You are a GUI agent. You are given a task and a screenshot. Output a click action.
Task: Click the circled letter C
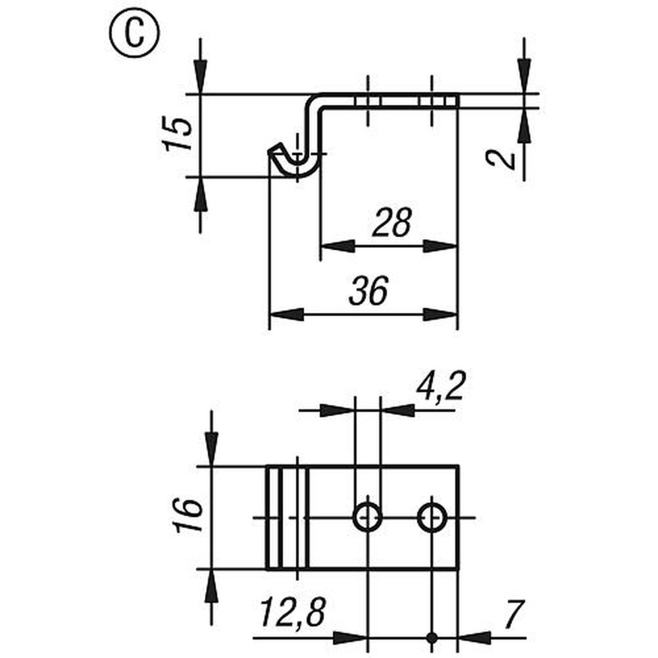click(x=134, y=33)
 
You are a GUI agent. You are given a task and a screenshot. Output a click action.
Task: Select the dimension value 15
click(x=178, y=134)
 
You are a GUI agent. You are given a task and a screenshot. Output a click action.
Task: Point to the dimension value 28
click(x=392, y=222)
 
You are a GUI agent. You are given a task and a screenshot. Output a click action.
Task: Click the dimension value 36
click(x=368, y=290)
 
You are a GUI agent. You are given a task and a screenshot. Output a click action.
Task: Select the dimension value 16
click(x=189, y=515)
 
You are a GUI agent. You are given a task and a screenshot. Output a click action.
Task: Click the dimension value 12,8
click(x=293, y=613)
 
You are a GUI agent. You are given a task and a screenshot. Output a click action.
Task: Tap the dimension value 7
click(x=513, y=615)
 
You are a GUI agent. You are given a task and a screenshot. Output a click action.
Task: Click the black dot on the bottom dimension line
click(x=432, y=638)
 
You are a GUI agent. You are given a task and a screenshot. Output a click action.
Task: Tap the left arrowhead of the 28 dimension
click(x=337, y=246)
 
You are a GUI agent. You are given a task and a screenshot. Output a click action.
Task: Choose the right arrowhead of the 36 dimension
click(x=440, y=315)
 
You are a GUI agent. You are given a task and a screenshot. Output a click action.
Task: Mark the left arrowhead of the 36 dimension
click(x=286, y=315)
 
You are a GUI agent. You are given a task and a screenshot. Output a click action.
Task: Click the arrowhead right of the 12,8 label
click(x=350, y=638)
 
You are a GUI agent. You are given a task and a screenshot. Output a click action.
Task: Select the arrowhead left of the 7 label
click(x=474, y=638)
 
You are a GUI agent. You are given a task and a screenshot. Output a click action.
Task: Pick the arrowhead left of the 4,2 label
click(x=337, y=411)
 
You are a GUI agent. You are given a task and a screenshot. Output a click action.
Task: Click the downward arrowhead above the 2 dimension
click(x=524, y=76)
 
